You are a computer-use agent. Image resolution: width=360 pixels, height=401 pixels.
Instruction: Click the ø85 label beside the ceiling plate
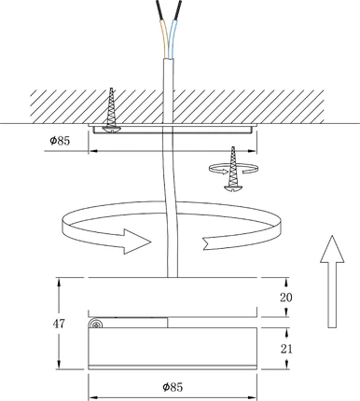60,141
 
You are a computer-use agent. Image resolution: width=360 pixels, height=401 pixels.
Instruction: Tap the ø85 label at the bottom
173,387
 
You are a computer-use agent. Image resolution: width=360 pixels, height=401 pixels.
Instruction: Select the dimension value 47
59,324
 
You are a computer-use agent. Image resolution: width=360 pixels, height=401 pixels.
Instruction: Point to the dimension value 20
286,297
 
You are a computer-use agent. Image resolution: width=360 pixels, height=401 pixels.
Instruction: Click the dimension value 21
286,349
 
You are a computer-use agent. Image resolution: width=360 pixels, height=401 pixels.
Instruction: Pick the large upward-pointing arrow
332,282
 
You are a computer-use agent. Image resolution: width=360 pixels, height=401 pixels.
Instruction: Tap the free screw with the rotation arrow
233,169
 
